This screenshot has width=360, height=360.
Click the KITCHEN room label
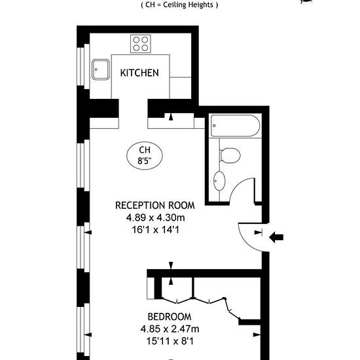coord(139,73)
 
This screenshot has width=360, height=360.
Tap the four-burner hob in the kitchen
coord(141,44)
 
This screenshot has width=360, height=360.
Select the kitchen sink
coord(101,69)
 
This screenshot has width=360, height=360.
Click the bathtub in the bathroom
coord(236,126)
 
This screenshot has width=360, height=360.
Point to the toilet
coord(230,155)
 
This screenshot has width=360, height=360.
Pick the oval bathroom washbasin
coord(219,181)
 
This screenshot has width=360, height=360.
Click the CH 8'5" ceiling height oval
coord(145,155)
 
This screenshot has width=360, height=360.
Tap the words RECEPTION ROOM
coord(155,206)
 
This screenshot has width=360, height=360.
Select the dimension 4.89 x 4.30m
coord(155,217)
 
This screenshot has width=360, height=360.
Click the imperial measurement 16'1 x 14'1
coord(156,230)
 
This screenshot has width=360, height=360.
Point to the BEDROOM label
coord(170,317)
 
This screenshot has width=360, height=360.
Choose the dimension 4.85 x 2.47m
coord(170,329)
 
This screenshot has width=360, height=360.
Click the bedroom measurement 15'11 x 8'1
coord(170,341)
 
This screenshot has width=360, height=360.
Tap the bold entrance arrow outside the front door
coord(276,237)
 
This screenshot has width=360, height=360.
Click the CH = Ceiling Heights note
coord(179,5)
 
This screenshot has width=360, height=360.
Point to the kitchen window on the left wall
coord(83,66)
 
